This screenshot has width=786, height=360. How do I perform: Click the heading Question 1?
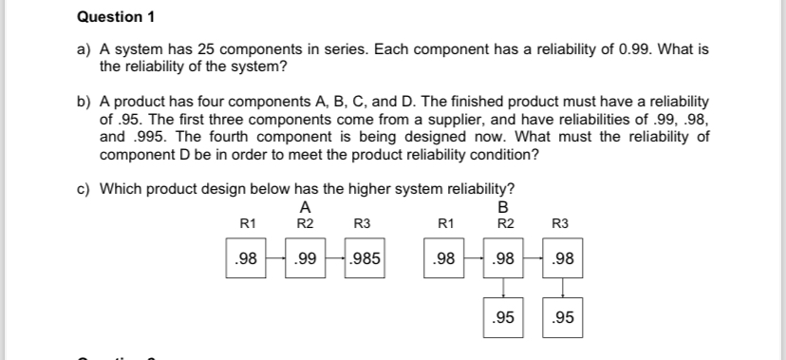coord(115,18)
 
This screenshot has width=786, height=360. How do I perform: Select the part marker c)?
coord(84,188)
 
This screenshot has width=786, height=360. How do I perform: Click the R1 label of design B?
coord(444,223)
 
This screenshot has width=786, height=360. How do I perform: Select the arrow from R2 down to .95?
coord(504,287)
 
